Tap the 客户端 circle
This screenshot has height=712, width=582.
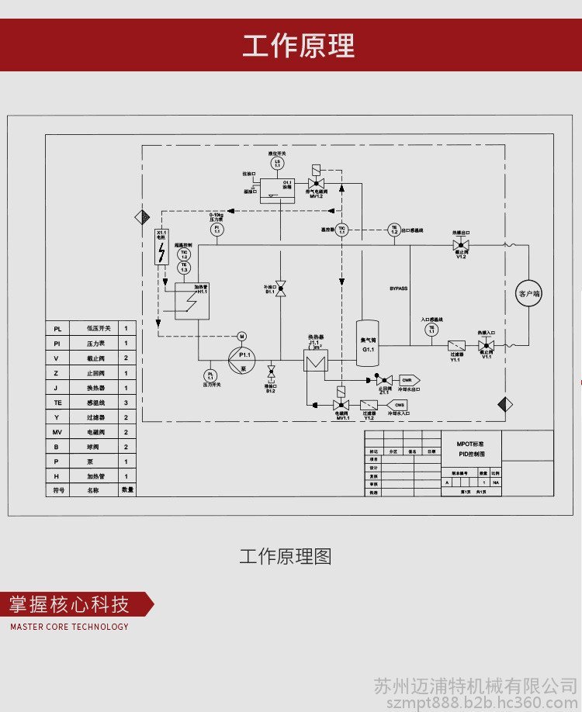click(529, 293)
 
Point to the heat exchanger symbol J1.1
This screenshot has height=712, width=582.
click(316, 361)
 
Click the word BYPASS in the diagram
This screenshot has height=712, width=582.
click(399, 289)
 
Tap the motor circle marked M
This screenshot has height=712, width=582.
click(241, 336)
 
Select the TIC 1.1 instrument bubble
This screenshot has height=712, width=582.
click(341, 229)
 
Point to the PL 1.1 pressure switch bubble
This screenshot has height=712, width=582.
click(210, 375)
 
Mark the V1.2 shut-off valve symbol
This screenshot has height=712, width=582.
click(460, 245)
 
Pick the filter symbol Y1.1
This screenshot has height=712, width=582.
click(456, 345)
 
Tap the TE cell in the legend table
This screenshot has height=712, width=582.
click(57, 402)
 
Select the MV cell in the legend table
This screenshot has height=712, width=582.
click(57, 431)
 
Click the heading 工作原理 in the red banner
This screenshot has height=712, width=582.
click(298, 46)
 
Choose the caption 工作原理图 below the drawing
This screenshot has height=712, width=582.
click(285, 557)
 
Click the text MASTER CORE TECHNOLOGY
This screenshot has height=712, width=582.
click(70, 627)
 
